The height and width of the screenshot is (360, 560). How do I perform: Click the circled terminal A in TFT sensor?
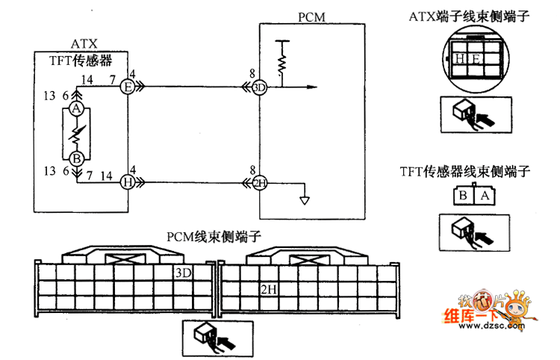pos(75,109)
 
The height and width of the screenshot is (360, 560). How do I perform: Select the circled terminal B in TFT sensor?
pos(75,158)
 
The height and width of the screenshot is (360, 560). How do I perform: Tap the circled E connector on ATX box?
pos(127,88)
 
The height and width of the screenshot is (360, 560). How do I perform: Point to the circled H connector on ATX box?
pos(127,181)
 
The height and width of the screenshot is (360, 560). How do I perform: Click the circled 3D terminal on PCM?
pos(259,88)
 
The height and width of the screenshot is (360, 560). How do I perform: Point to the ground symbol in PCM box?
pos(303,199)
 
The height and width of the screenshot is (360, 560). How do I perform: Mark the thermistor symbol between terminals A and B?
pos(75,134)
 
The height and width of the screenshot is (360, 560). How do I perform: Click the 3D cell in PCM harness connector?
pos(183,273)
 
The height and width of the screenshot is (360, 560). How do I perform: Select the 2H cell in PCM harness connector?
pos(269,288)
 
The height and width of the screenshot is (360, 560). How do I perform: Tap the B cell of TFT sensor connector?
pos(462,196)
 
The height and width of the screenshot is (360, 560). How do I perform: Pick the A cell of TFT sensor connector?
pos(483,196)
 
